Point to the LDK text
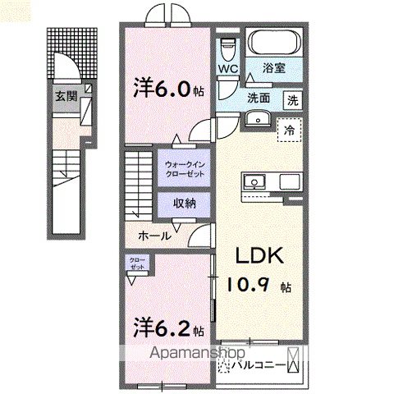tap(261, 256)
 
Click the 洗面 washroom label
tap(261, 98)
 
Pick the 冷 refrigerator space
tap(288, 129)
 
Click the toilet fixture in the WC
tap(228, 46)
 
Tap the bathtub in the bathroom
tap(275, 44)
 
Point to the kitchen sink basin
tap(254, 181)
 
